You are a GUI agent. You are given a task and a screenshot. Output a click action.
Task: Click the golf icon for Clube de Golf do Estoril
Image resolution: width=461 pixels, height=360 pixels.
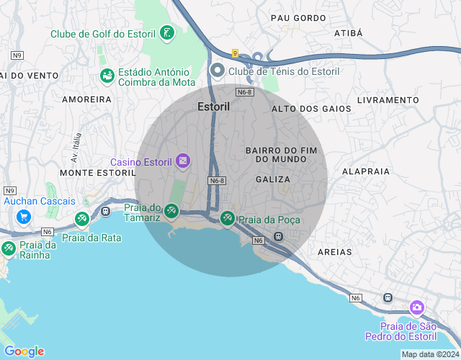pyautogui.click(x=167, y=33)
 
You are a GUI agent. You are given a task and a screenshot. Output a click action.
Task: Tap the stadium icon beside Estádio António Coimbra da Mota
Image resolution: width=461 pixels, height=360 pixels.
pyautogui.click(x=107, y=76)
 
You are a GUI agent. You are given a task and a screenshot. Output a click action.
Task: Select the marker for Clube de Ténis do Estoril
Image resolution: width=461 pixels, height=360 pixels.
pyautogui.click(x=218, y=71)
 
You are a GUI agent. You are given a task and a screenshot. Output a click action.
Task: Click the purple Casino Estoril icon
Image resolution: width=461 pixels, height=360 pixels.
pyautogui.click(x=183, y=161)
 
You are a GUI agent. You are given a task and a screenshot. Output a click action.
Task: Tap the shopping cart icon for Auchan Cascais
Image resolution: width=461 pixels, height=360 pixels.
pyautogui.click(x=24, y=216)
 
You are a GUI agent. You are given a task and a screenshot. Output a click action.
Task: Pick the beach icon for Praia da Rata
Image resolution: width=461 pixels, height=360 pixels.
pyautogui.click(x=82, y=218)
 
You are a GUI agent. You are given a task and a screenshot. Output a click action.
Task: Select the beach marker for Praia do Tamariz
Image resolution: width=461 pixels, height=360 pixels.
pyautogui.click(x=171, y=211)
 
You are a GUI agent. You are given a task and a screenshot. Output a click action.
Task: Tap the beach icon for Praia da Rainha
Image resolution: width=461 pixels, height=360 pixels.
pyautogui.click(x=9, y=248)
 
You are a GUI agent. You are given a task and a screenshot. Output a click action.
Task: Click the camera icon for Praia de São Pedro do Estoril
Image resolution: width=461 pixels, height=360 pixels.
pyautogui.click(x=416, y=308)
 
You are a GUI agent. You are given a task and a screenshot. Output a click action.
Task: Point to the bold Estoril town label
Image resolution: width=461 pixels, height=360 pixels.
pyautogui.click(x=213, y=107)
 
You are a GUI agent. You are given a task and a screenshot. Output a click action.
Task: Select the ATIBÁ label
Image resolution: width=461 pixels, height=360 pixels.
pyautogui.click(x=349, y=33)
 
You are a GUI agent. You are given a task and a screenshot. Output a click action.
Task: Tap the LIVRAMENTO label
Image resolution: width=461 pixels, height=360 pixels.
pyautogui.click(x=388, y=99)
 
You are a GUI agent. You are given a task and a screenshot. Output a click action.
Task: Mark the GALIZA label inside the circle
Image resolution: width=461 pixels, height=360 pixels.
pyautogui.click(x=273, y=179)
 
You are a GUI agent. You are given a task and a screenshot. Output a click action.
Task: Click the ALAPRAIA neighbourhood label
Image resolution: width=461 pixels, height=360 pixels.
pyautogui.click(x=366, y=171)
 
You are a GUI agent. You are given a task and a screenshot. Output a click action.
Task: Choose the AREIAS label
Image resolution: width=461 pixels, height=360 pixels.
pyautogui.click(x=335, y=252)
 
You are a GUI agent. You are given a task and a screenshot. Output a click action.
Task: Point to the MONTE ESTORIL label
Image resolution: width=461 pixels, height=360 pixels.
pyautogui.click(x=98, y=173)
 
